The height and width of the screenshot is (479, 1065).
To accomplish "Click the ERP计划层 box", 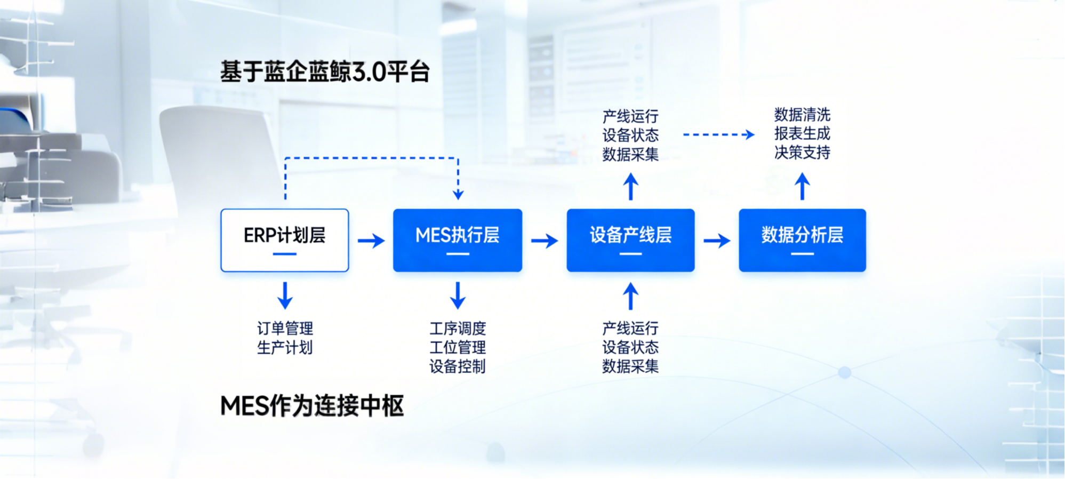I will click(x=284, y=240).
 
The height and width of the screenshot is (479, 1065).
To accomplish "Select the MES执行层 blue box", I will click(x=457, y=240).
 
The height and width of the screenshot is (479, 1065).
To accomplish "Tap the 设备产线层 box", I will click(x=630, y=240).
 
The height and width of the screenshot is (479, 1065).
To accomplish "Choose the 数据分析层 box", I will click(x=802, y=240).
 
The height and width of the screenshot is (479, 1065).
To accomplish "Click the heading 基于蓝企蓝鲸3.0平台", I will click(x=325, y=72).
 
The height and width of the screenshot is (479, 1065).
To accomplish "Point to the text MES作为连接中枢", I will click(x=312, y=406).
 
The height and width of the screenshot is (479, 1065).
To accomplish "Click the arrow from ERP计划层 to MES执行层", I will click(x=371, y=241).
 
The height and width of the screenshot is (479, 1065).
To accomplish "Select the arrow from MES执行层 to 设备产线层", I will click(x=544, y=241).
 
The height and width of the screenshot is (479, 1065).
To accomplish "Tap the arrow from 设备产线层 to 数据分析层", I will click(x=717, y=241).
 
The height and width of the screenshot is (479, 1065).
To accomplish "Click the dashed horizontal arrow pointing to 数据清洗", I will click(x=718, y=134).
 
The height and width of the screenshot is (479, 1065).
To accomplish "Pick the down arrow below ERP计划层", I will click(x=285, y=296).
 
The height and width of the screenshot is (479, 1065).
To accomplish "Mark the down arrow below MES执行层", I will click(x=458, y=296).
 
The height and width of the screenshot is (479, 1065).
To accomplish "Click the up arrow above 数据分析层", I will click(x=802, y=186).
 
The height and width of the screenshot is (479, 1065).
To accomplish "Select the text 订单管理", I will click(x=285, y=328).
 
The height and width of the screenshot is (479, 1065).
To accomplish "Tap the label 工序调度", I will click(x=458, y=328).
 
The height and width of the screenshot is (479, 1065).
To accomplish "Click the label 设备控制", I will click(x=458, y=366).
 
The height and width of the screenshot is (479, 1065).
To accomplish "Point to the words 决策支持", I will click(x=802, y=153).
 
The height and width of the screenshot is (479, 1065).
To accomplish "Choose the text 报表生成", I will click(x=802, y=133).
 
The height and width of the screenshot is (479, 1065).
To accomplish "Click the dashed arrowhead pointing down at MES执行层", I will click(x=458, y=194).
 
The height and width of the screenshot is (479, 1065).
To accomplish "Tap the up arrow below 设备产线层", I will click(x=630, y=296).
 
